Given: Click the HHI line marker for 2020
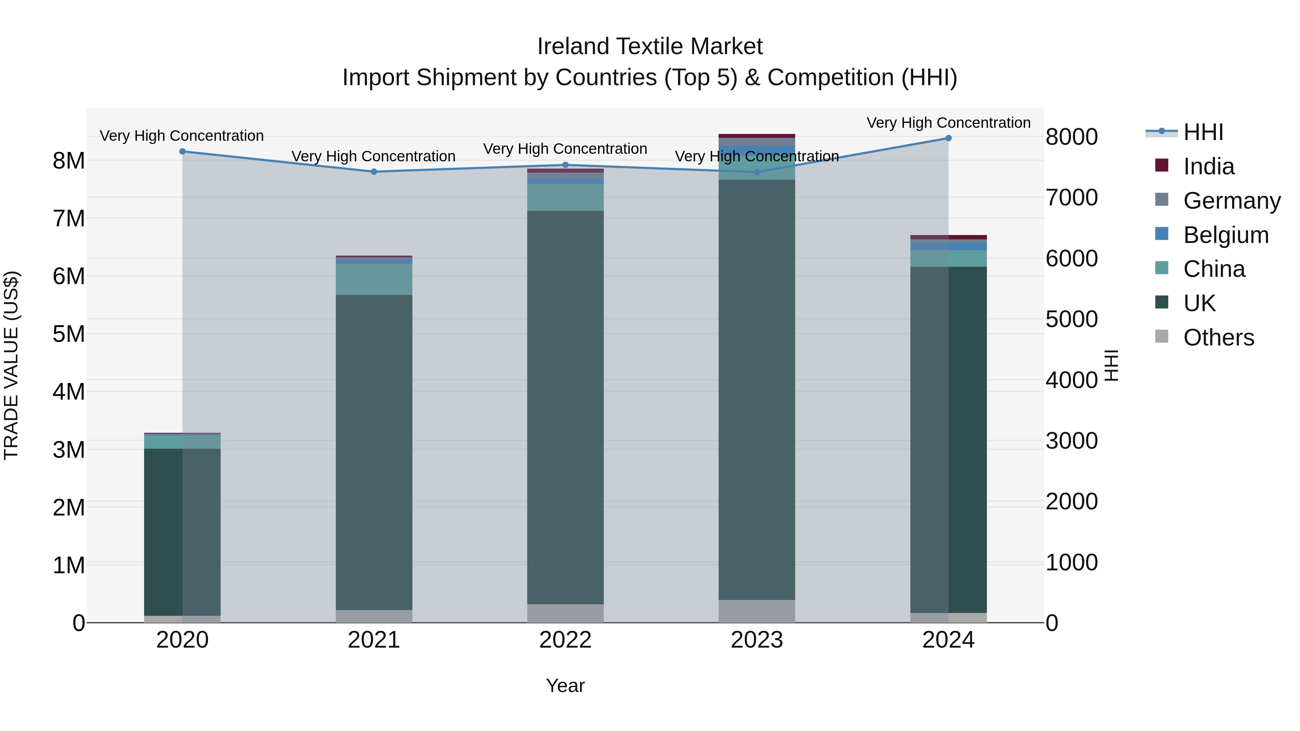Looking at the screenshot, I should point(183,151).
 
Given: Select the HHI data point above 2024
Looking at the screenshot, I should point(948,138).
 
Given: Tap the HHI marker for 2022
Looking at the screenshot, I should point(565,165).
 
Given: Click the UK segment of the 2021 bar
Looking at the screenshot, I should point(374,453).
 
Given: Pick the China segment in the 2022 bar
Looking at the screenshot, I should point(565,197).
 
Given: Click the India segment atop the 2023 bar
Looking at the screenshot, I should point(757,136).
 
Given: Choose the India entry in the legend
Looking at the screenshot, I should point(1209,166).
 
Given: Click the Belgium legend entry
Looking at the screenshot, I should point(1225,235).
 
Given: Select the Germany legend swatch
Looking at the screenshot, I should point(1162,199).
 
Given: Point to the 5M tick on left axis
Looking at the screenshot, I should point(69,334).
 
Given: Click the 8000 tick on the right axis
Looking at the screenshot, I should point(1071,137).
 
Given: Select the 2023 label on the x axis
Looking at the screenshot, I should point(757,640).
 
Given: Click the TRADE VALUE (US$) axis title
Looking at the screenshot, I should point(11,365).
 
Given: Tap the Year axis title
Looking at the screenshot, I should point(565,686).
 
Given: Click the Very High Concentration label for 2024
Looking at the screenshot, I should point(948,123).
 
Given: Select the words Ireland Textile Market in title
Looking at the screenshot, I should point(650,47).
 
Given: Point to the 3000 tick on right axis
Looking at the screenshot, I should point(1071,441).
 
